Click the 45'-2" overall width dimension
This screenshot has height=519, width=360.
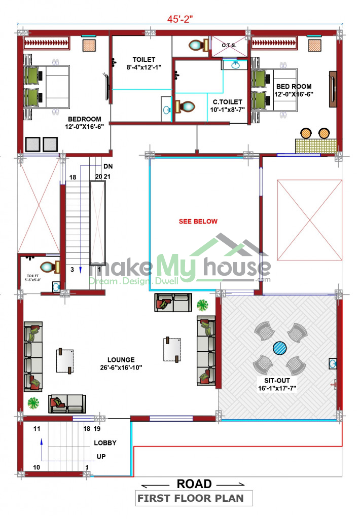(179, 19)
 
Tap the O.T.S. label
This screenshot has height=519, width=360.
(229, 45)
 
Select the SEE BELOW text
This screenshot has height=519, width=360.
(198, 221)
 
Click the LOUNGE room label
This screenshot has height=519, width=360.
(121, 360)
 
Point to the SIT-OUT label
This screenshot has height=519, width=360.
(277, 381)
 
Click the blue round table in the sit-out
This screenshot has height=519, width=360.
(280, 348)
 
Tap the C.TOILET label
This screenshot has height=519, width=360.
(228, 102)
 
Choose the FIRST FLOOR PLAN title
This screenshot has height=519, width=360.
(191, 498)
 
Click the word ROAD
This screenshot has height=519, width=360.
(194, 484)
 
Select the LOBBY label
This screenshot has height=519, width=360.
(105, 443)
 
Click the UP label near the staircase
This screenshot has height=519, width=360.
(101, 457)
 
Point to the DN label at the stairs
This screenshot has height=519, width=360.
(108, 166)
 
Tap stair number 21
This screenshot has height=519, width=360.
(107, 177)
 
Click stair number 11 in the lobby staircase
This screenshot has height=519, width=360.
(37, 429)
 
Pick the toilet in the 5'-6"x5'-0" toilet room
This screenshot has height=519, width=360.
(50, 267)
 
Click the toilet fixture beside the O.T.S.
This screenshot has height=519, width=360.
(198, 45)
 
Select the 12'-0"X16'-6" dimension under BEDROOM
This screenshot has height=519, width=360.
(85, 126)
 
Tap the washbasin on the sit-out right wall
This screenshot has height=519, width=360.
(333, 364)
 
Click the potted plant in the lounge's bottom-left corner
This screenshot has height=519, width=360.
(33, 403)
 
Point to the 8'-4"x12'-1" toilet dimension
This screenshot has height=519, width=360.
(144, 67)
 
